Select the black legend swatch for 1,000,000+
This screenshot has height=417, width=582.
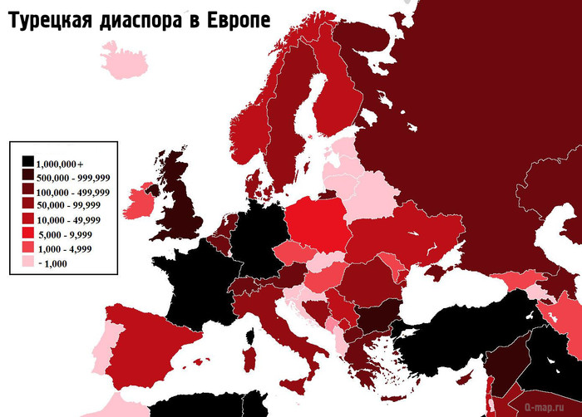28,161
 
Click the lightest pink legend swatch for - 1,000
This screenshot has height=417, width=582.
28,262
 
